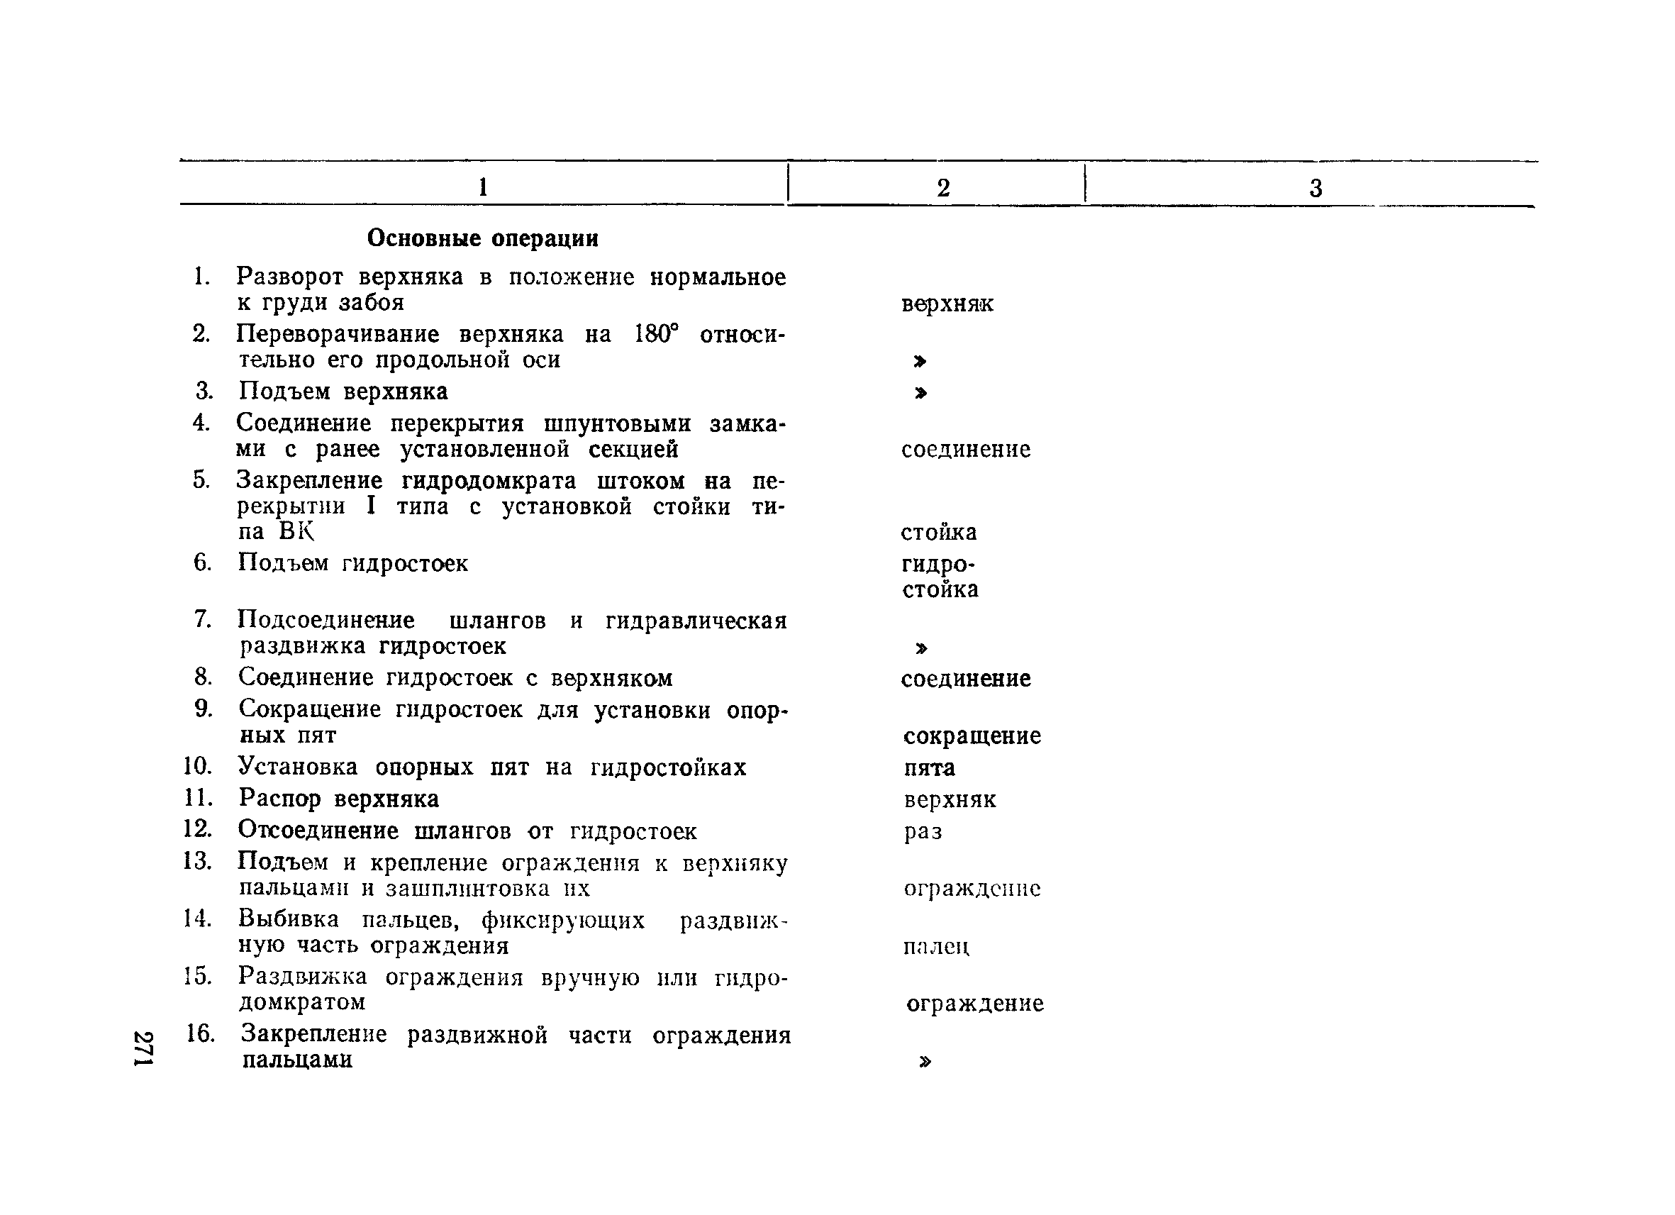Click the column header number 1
click(x=483, y=187)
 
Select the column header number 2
click(x=943, y=187)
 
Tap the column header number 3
click(x=1315, y=189)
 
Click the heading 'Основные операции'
click(x=482, y=238)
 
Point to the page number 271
click(x=143, y=1048)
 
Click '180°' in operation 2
click(x=656, y=335)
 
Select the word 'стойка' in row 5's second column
click(x=939, y=532)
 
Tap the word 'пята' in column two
click(x=929, y=768)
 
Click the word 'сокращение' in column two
click(x=972, y=736)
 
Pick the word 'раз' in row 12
click(x=923, y=832)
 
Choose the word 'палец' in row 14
click(x=937, y=946)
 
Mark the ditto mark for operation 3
click(x=920, y=393)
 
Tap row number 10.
click(x=197, y=766)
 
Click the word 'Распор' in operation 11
click(x=280, y=799)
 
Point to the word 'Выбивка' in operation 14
click(x=289, y=919)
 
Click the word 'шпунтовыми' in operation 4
click(x=618, y=424)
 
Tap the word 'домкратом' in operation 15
click(x=303, y=1002)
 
